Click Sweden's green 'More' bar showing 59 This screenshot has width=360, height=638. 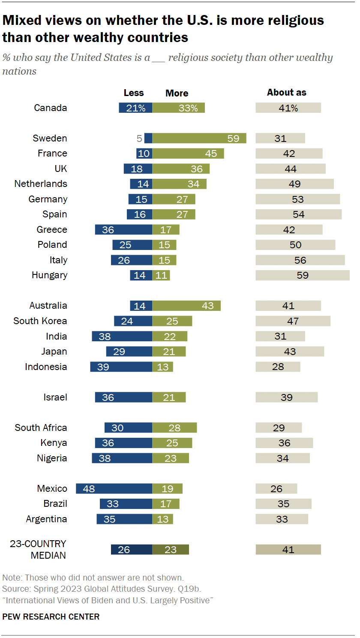click(x=199, y=138)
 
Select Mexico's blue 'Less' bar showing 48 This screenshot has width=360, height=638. click(x=114, y=488)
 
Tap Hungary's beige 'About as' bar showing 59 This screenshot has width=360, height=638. click(x=303, y=275)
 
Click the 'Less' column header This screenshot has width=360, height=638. click(x=134, y=93)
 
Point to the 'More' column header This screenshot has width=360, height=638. click(x=177, y=93)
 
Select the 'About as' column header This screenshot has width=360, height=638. click(x=287, y=92)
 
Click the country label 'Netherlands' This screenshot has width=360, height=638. click(x=41, y=184)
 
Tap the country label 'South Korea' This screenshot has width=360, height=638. click(x=40, y=321)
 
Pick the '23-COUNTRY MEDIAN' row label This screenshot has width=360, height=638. click(x=38, y=549)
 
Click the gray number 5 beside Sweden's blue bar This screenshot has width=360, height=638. click(x=139, y=138)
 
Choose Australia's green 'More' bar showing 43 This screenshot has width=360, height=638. click(x=186, y=306)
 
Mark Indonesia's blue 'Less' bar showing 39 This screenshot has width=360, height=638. click(x=121, y=367)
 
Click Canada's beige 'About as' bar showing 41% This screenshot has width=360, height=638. click(x=288, y=108)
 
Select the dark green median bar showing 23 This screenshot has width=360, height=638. click(x=171, y=550)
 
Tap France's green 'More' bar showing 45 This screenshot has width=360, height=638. click(x=188, y=153)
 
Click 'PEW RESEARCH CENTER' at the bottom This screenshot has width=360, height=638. click(x=51, y=617)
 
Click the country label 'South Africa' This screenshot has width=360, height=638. click(x=41, y=427)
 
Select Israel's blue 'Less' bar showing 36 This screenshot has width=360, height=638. click(x=123, y=397)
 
